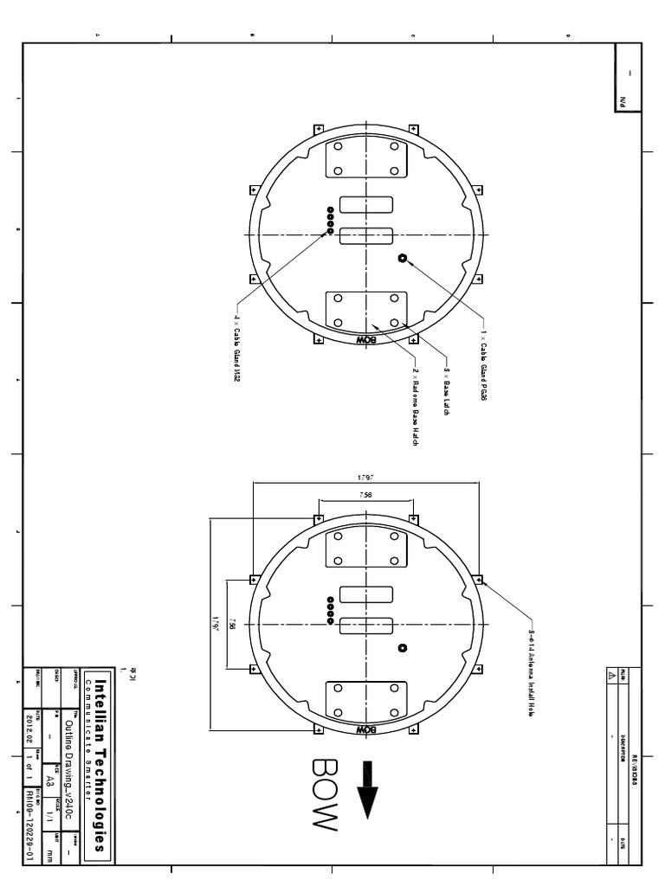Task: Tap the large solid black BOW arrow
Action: coord(367,788)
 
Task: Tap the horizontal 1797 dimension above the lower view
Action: coord(365,478)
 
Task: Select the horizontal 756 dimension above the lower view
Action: coord(365,495)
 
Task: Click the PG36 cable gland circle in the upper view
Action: coord(403,258)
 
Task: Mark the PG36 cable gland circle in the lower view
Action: coord(403,647)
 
